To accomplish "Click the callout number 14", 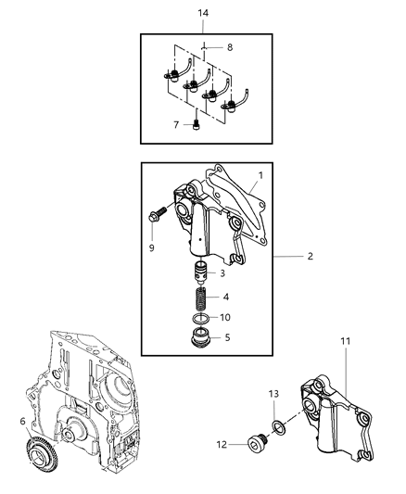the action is coord(203,13).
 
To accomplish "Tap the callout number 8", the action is coord(230,47).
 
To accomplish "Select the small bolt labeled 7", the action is coord(196,125).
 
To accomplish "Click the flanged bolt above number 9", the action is coord(158,213).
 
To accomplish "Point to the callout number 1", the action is coord(260,175).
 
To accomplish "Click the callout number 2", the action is coord(311,256).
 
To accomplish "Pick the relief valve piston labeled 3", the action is coord(200,272).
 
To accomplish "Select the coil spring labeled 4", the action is coord(200,298).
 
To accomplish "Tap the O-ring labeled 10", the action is coord(200,319).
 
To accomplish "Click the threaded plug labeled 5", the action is coord(200,337).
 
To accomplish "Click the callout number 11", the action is coord(346,341).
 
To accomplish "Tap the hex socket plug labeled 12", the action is coord(257,442).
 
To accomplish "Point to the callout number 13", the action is coord(273,394).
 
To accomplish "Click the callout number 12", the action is coord(222,445).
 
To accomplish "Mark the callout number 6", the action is coord(22,421).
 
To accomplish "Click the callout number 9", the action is coord(152,248).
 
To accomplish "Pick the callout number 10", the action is coord(225,317).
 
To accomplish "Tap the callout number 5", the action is coord(227,337).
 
